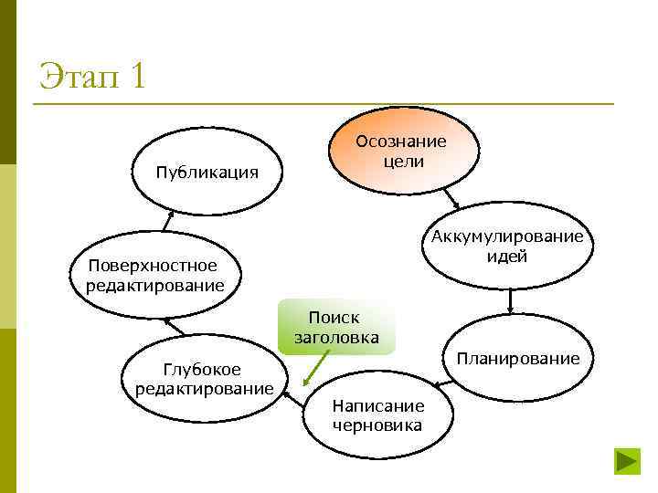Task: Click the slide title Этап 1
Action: pos(92,76)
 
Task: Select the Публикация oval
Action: pos(206,172)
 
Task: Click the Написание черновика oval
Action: pos(377,414)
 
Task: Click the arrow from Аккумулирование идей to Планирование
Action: pos(510,300)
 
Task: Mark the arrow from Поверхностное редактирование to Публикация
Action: pos(168,220)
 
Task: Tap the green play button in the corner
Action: pos(626,459)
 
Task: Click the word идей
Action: pos(507,257)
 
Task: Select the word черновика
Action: pos(377,425)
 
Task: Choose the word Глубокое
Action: pos(202,370)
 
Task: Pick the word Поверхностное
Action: pos(153,266)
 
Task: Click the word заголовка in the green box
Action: pos(334,337)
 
